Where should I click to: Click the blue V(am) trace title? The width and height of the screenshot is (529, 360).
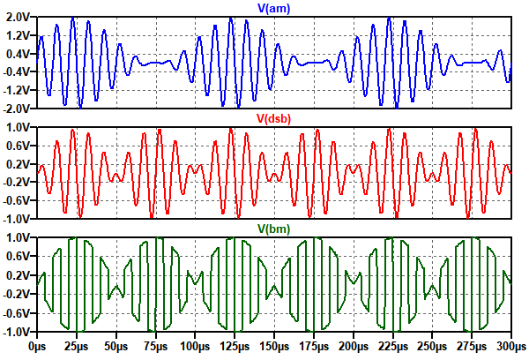[x=272, y=9]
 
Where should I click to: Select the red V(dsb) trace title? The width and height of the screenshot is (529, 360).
[x=272, y=118]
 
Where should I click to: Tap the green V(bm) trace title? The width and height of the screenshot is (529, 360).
[x=272, y=228]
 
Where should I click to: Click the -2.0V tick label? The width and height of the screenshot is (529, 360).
[x=17, y=108]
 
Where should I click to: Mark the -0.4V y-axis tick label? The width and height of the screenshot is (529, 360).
[x=17, y=71]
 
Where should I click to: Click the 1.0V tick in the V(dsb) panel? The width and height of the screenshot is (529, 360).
[x=19, y=127]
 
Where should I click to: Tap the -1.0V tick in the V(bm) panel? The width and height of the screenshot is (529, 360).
[x=17, y=333]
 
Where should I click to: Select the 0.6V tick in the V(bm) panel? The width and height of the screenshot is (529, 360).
[x=19, y=256]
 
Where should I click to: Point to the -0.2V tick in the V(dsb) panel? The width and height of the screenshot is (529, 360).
[x=17, y=182]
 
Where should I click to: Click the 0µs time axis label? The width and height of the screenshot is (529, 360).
[x=37, y=349]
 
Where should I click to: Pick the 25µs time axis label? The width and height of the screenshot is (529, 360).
[x=78, y=349]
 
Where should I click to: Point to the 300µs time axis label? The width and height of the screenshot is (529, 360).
[x=510, y=349]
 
